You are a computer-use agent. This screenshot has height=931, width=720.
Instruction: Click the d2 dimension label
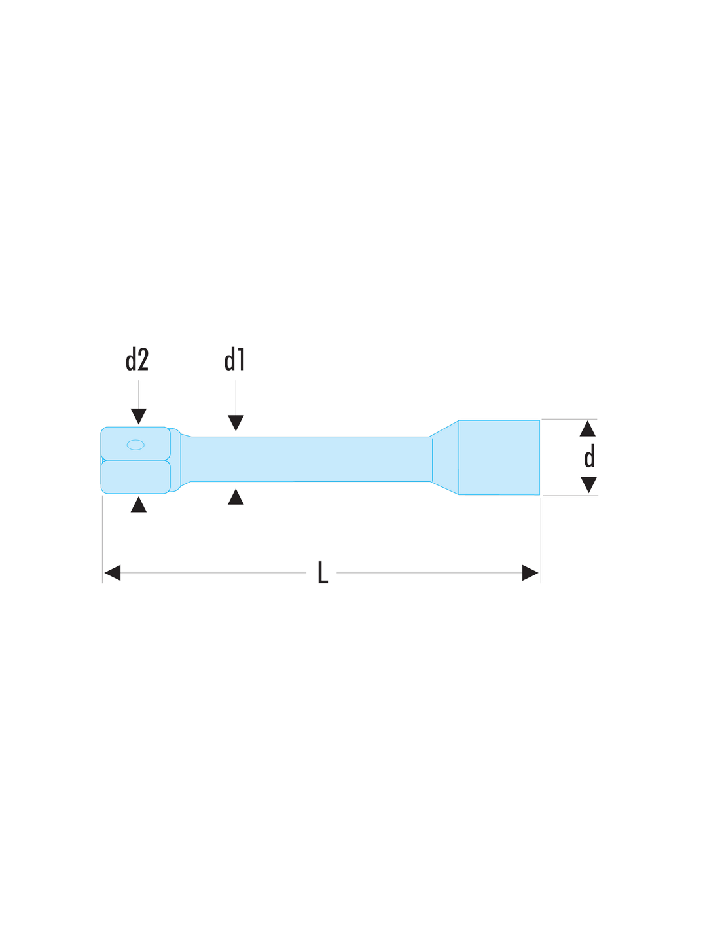coord(137,359)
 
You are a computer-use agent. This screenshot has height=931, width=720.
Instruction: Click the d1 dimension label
coord(235,359)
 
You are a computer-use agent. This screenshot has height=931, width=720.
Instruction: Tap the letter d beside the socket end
coord(589,456)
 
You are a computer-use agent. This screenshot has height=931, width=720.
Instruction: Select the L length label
coord(323,572)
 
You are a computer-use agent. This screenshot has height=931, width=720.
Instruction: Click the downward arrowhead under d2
coord(138,416)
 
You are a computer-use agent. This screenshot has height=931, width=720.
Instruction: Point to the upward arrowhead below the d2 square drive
coord(138,504)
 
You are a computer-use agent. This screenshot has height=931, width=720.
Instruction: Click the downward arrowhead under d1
coord(236,423)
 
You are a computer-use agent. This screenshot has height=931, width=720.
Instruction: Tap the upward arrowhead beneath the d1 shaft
coord(236,496)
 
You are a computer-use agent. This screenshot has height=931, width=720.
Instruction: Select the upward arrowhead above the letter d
coord(587,428)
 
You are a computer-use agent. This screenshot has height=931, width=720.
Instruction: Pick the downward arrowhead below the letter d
coord(588,484)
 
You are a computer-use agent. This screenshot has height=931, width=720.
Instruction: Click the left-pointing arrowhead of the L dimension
coord(112,573)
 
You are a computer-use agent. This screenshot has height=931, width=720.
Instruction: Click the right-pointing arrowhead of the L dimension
coord(530,573)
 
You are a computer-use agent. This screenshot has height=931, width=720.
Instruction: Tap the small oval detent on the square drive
coord(135,445)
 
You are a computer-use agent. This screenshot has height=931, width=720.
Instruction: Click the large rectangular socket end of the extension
coord(499,457)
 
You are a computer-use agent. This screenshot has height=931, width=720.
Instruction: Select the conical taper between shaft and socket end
coord(444,458)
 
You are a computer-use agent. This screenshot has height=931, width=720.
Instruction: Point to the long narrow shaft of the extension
coord(310,459)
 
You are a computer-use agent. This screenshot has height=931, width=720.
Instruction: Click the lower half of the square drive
coord(135,477)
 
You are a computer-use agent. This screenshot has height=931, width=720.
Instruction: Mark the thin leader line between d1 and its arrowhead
coord(236,397)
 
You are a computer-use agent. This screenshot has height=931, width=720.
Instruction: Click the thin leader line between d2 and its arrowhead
coord(138,394)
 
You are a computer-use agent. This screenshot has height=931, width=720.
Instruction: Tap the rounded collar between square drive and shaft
coord(175,460)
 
